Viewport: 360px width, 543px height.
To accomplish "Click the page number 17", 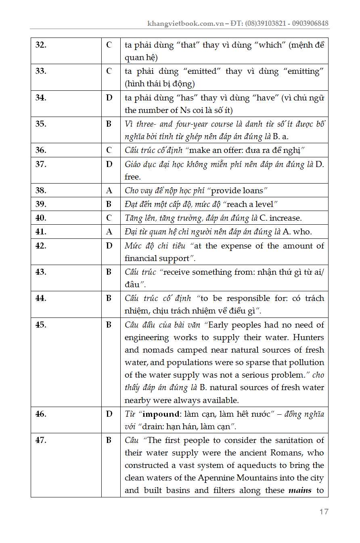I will coord(324,512).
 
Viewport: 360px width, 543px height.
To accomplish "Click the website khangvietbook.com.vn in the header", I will coord(186,23).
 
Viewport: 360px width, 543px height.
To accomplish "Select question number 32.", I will coord(41,45).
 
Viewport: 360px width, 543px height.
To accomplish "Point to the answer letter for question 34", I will coord(109,98).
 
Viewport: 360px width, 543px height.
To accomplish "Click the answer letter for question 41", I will coord(109,232).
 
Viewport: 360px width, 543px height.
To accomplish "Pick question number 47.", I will coord(41,440).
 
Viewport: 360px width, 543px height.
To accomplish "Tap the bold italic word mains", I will coord(300,491).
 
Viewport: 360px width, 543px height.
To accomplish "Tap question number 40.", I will coord(41,218).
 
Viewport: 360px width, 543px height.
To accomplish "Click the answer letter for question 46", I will coord(109,414).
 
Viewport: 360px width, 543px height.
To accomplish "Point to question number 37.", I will coord(41,164).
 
